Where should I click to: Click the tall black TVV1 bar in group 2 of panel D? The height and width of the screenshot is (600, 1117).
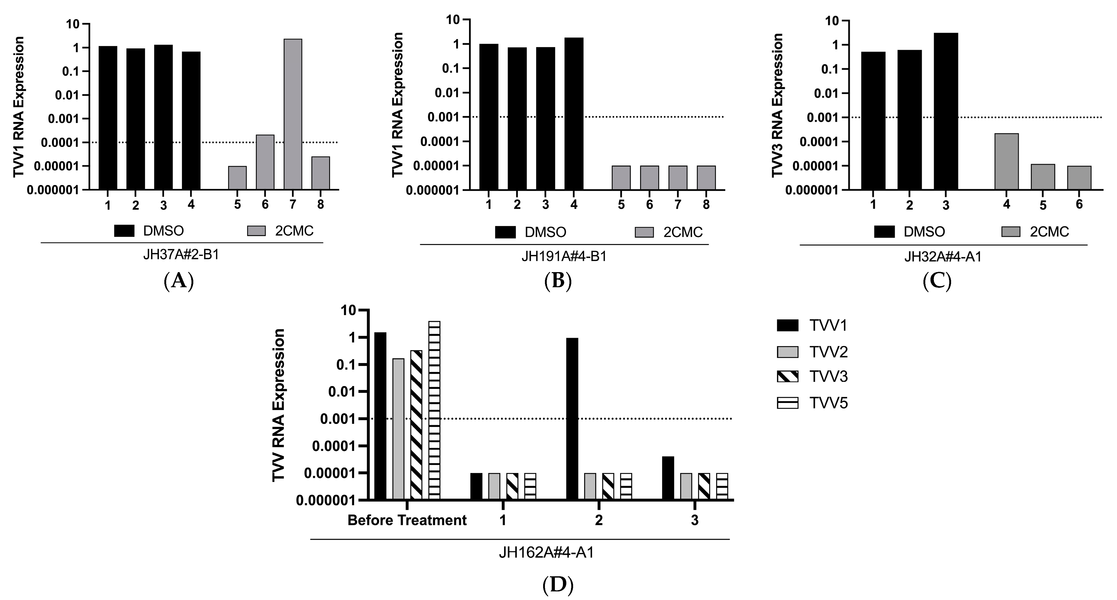(572, 418)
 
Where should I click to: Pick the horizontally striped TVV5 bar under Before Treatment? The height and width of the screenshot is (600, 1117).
(434, 410)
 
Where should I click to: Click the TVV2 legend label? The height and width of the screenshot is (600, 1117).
(828, 352)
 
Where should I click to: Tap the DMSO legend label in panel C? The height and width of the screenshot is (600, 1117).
(924, 232)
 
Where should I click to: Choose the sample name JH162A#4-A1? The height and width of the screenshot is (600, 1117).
(546, 553)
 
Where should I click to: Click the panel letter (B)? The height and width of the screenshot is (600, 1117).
(558, 281)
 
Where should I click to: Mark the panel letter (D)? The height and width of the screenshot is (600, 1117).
(558, 585)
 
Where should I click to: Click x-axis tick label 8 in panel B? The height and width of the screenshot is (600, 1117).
(706, 205)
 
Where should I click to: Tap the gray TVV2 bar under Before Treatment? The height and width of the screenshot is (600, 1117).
(398, 429)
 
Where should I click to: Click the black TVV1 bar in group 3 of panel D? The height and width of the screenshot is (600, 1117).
(668, 478)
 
